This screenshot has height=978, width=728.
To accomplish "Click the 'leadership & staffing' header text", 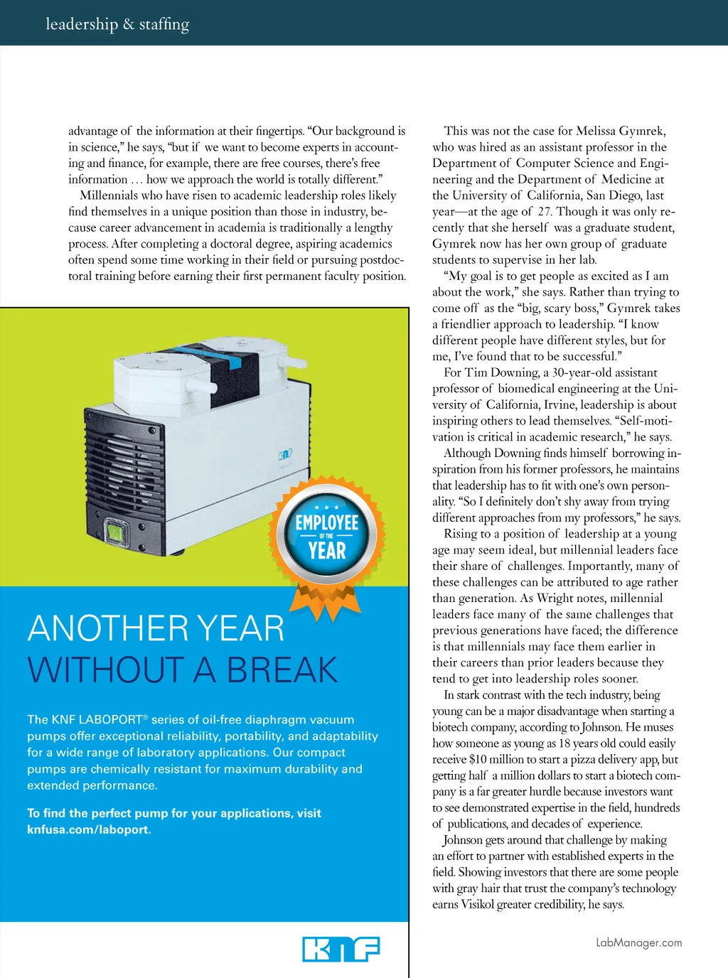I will coord(117,24).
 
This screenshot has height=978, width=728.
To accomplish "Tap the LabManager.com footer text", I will coord(638,942).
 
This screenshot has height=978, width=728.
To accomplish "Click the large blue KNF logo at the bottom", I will coord(341,949).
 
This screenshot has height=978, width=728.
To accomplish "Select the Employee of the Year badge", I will coord(327,537).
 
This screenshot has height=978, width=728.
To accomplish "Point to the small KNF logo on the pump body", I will coord(285,454).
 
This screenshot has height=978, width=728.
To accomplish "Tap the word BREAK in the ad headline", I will coord(282,670).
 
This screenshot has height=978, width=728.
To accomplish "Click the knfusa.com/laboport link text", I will coord(89,829).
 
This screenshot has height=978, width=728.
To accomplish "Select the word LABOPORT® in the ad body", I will coord(114,719).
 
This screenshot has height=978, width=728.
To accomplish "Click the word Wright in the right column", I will coord(555,598).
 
